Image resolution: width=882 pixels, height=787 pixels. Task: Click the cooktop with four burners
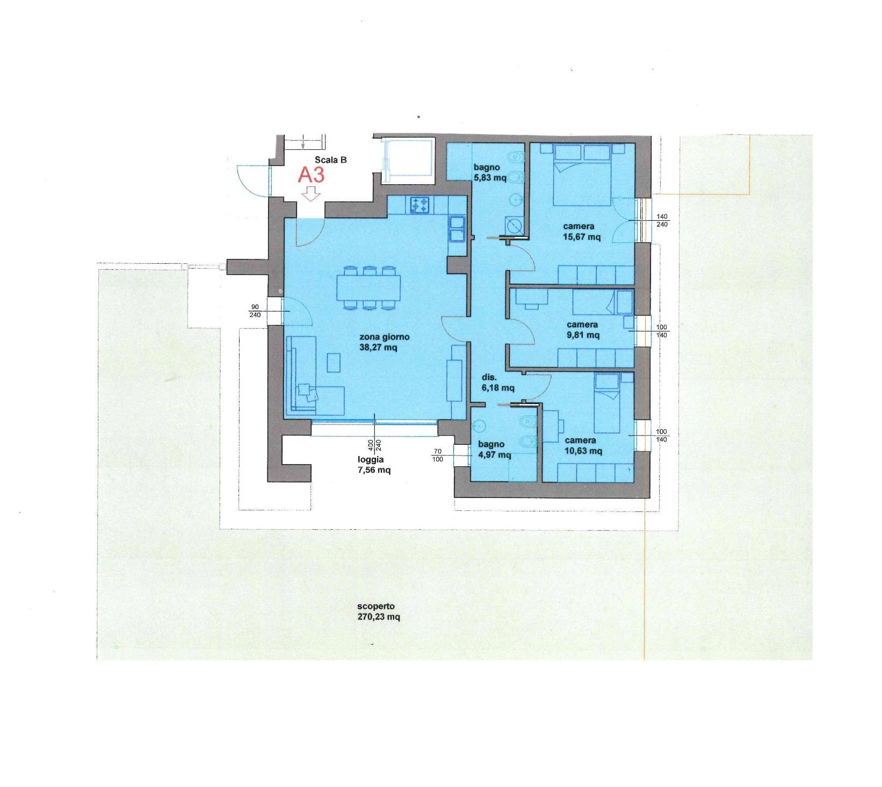pos(420,204)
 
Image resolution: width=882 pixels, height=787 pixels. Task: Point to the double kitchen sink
pos(458,228)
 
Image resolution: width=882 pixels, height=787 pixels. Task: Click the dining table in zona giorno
pos(368,288)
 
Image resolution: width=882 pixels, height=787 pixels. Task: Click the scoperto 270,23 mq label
pos(379,612)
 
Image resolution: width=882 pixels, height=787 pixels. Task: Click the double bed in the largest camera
pos(583,175)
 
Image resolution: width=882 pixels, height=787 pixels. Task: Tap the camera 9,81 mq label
pos(582,330)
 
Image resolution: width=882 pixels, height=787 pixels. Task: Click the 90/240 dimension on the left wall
pos(255,311)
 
